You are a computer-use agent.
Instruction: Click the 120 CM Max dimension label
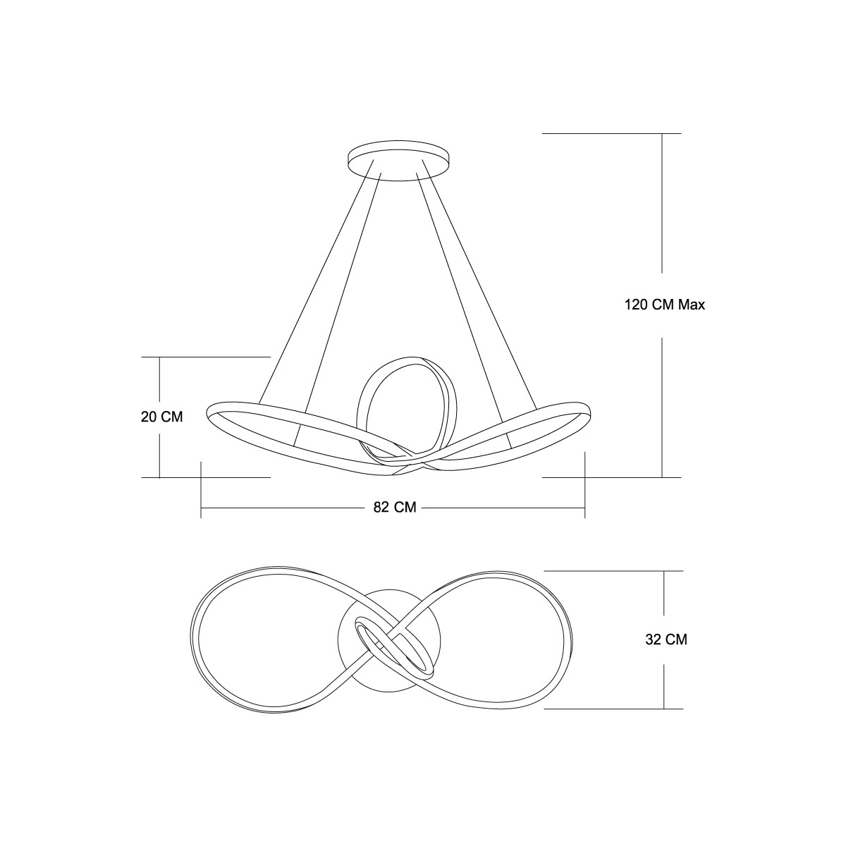[665, 305]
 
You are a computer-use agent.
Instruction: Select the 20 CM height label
[161, 417]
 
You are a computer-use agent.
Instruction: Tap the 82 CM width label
[395, 507]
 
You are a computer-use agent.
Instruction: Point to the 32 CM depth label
[666, 639]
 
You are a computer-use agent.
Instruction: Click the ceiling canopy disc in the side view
[398, 161]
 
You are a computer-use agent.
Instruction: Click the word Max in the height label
[692, 305]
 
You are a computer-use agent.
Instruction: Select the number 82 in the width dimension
[381, 507]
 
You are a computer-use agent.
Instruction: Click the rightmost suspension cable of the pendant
[479, 283]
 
